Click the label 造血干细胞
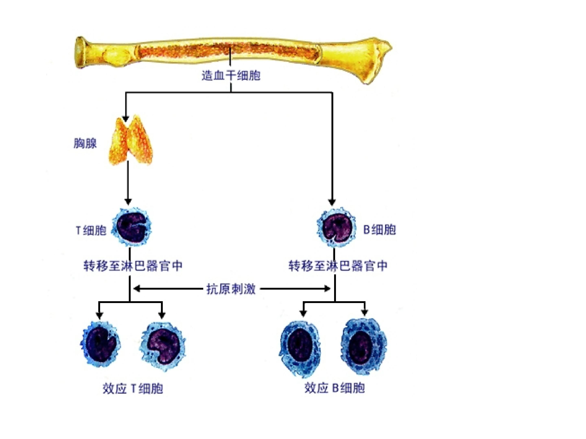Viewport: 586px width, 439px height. pyautogui.click(x=231, y=75)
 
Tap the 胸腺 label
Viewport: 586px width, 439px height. pyautogui.click(x=85, y=143)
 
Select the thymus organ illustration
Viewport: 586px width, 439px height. pyautogui.click(x=131, y=140)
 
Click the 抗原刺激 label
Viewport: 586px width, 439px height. pyautogui.click(x=231, y=289)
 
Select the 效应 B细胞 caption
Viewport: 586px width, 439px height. pyautogui.click(x=335, y=388)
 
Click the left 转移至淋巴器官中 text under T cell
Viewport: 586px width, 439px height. pyautogui.click(x=133, y=266)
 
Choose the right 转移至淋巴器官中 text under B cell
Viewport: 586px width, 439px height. pyautogui.click(x=338, y=266)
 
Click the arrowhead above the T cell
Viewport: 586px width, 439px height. pyautogui.click(x=128, y=202)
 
